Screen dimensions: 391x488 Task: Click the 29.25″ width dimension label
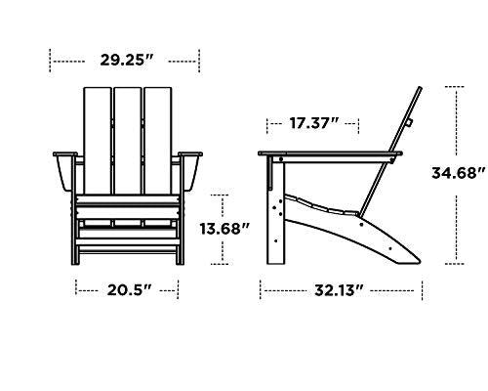coord(126,60)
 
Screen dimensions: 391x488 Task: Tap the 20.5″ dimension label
coord(127,289)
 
